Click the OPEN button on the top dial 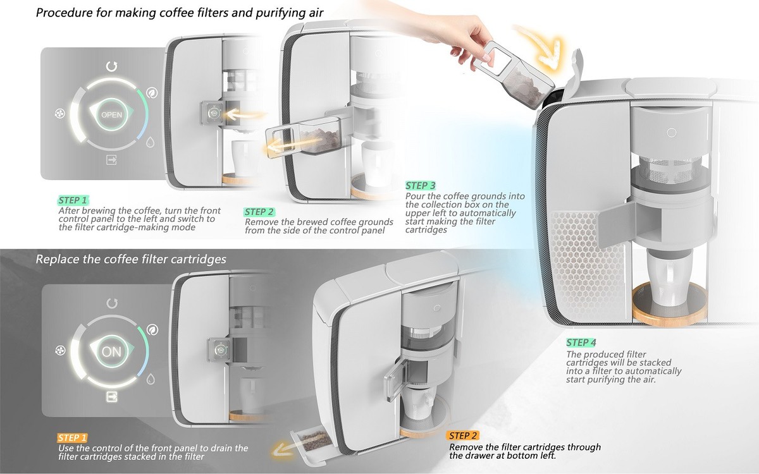pos(111,114)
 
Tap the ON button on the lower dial pos(111,352)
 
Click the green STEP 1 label pos(73,200)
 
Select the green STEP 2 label pos(259,212)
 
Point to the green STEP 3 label pos(421,186)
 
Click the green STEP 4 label pos(581,343)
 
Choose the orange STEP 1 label pos(73,437)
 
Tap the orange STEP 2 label pos(463,435)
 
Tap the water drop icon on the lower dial pos(152,379)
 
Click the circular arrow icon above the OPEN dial pos(112,66)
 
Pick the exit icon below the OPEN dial pos(112,161)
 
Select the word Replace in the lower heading pos(57,259)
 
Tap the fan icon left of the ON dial pos(61,351)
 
